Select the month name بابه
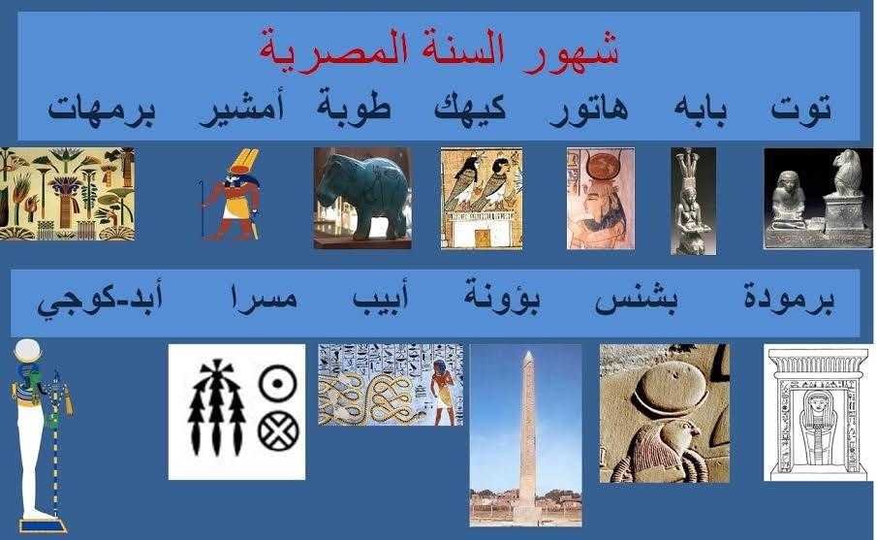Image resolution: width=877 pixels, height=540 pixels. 701,109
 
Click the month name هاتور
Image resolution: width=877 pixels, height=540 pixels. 588,110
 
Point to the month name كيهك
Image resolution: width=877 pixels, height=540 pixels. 470,108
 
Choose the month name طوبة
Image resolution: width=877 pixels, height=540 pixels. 354,106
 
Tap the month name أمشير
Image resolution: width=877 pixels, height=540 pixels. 241,108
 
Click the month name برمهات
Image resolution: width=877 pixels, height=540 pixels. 102,110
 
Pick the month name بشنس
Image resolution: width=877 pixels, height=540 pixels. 637,301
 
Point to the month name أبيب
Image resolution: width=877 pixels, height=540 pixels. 380,297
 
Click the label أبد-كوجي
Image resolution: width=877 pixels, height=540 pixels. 100,300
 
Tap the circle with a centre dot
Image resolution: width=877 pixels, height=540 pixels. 277,383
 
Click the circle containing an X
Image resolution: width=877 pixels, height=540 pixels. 278,432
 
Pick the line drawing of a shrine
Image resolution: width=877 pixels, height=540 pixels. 818,412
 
